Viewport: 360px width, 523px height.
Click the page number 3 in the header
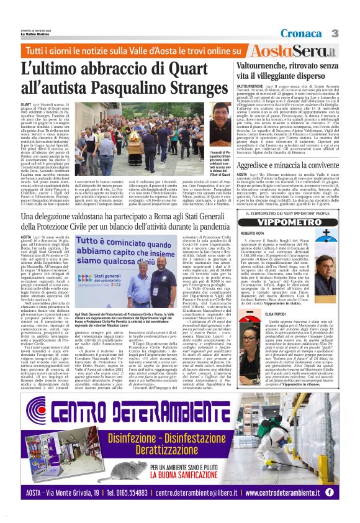point(351,32)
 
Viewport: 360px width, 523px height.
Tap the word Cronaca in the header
point(317,32)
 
